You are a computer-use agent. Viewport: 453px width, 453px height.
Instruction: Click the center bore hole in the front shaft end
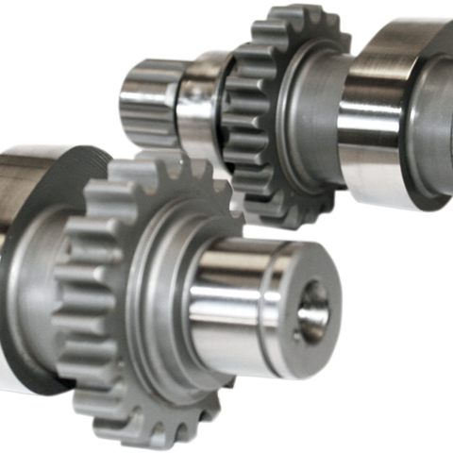click(x=313, y=310)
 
